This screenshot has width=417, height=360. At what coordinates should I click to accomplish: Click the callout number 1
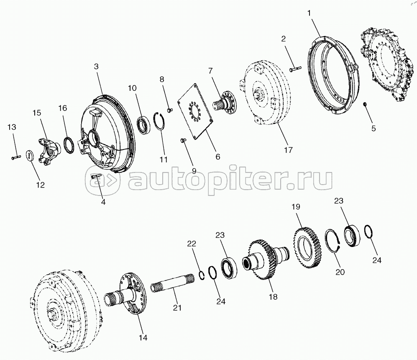309,13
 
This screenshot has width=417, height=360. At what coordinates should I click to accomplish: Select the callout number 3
96,67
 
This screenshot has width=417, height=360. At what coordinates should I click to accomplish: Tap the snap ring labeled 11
161,124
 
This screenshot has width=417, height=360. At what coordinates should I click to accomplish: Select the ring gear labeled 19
307,247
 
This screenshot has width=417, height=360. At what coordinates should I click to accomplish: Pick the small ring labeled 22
201,275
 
